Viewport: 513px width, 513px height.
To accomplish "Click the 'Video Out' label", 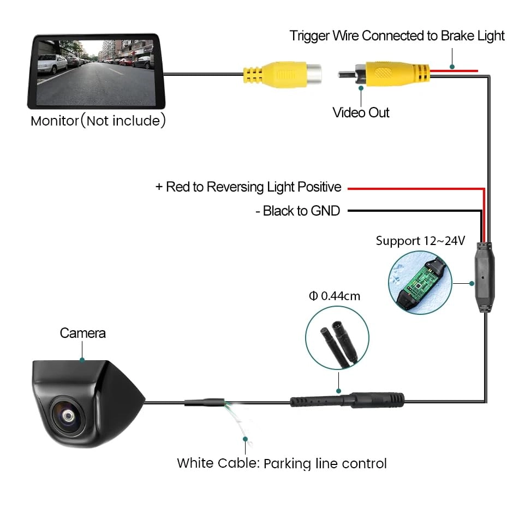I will click(x=361, y=112).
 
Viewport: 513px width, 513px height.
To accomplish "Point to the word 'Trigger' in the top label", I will click(x=311, y=36).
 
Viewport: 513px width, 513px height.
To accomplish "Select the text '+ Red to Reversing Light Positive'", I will click(x=248, y=187).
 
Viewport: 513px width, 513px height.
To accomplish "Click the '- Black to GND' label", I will click(x=297, y=211).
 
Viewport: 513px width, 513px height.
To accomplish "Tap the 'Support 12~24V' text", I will click(x=420, y=241).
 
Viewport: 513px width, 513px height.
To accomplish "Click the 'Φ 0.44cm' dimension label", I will click(x=334, y=296).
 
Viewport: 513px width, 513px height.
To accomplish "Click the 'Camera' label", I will click(x=83, y=332).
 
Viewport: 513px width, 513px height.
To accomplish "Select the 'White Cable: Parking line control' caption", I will click(x=282, y=463).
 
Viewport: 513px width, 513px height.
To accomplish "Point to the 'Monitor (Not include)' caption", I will click(x=98, y=120).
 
